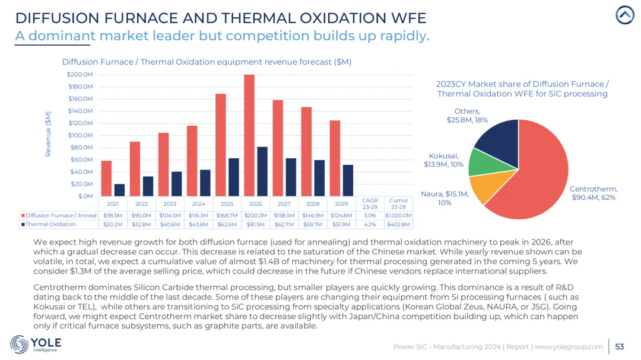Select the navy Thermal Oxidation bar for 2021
coord(119,190)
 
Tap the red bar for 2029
coord(335,158)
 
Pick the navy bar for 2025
coord(234,177)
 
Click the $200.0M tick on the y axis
coord(80,75)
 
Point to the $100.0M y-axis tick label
coord(80,135)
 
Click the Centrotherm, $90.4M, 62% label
coord(593,193)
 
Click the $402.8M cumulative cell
coord(398,224)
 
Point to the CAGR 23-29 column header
coord(369,203)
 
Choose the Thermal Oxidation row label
coord(50,224)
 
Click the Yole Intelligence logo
coord(36,344)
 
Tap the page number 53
coord(619,346)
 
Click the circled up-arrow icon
coord(624,15)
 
